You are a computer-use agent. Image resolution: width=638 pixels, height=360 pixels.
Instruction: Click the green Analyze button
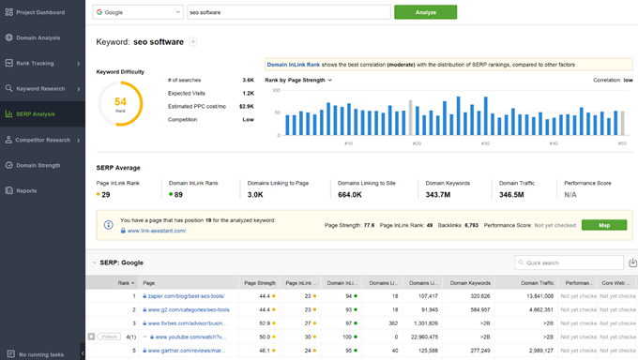(425, 12)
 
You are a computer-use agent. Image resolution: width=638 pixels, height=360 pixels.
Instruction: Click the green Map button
(603, 225)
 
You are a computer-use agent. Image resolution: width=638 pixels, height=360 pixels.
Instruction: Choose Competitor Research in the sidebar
(42, 140)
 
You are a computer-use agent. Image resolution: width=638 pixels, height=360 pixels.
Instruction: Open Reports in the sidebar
(26, 190)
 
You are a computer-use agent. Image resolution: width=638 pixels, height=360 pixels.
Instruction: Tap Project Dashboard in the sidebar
(40, 12)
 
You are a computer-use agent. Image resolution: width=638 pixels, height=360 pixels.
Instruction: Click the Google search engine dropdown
(139, 12)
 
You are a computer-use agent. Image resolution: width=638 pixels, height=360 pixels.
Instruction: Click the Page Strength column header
(260, 282)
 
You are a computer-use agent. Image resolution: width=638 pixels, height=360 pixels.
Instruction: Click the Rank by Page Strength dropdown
(298, 80)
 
